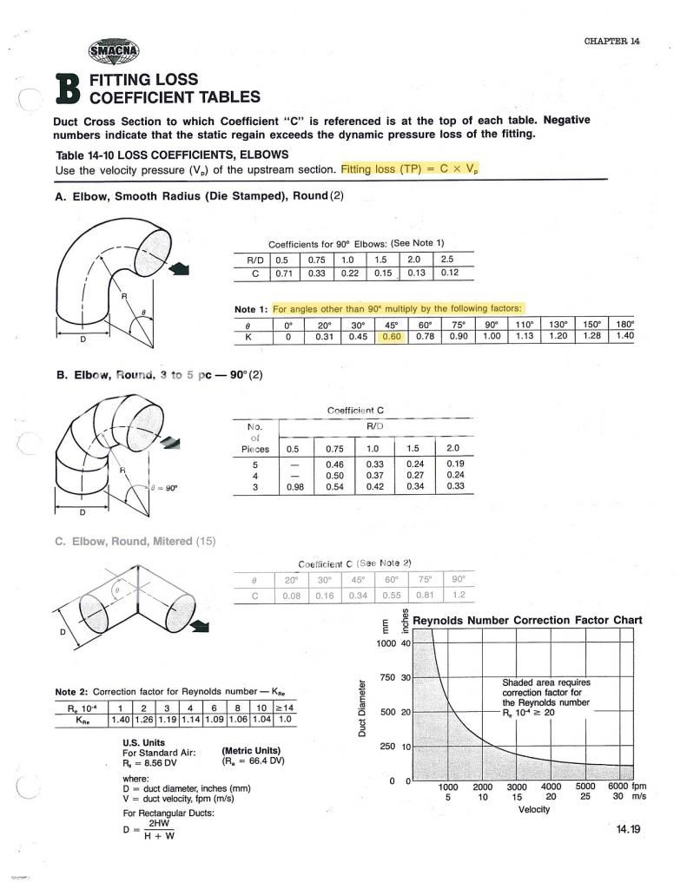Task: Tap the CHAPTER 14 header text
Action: click(611, 41)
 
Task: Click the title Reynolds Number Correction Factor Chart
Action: click(527, 620)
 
